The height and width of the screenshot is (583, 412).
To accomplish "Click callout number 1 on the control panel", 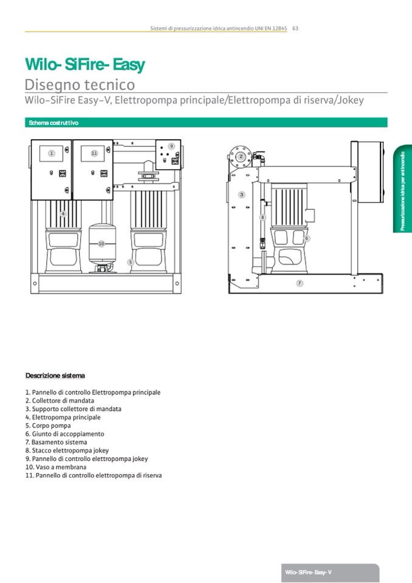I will [x=52, y=153].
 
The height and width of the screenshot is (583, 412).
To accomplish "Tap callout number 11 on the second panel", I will [x=94, y=153].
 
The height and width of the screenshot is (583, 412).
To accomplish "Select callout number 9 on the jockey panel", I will [x=172, y=147].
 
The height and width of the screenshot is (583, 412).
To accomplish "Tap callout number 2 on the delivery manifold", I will [x=241, y=156].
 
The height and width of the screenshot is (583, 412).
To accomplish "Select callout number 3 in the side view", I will [x=241, y=195].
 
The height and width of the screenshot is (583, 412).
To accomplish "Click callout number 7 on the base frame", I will [x=300, y=283].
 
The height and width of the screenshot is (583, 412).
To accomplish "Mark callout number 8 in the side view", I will [x=263, y=216].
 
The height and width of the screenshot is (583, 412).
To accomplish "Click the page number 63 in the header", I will [x=295, y=28].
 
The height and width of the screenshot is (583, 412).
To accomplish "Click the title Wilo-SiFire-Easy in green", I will [x=84, y=64].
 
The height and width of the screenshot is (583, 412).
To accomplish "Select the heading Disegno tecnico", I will [x=80, y=85].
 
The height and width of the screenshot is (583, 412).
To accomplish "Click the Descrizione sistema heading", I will [x=55, y=375].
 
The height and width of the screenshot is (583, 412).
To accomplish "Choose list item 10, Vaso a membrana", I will [x=56, y=467].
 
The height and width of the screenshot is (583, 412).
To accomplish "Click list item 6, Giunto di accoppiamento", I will [x=64, y=434].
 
